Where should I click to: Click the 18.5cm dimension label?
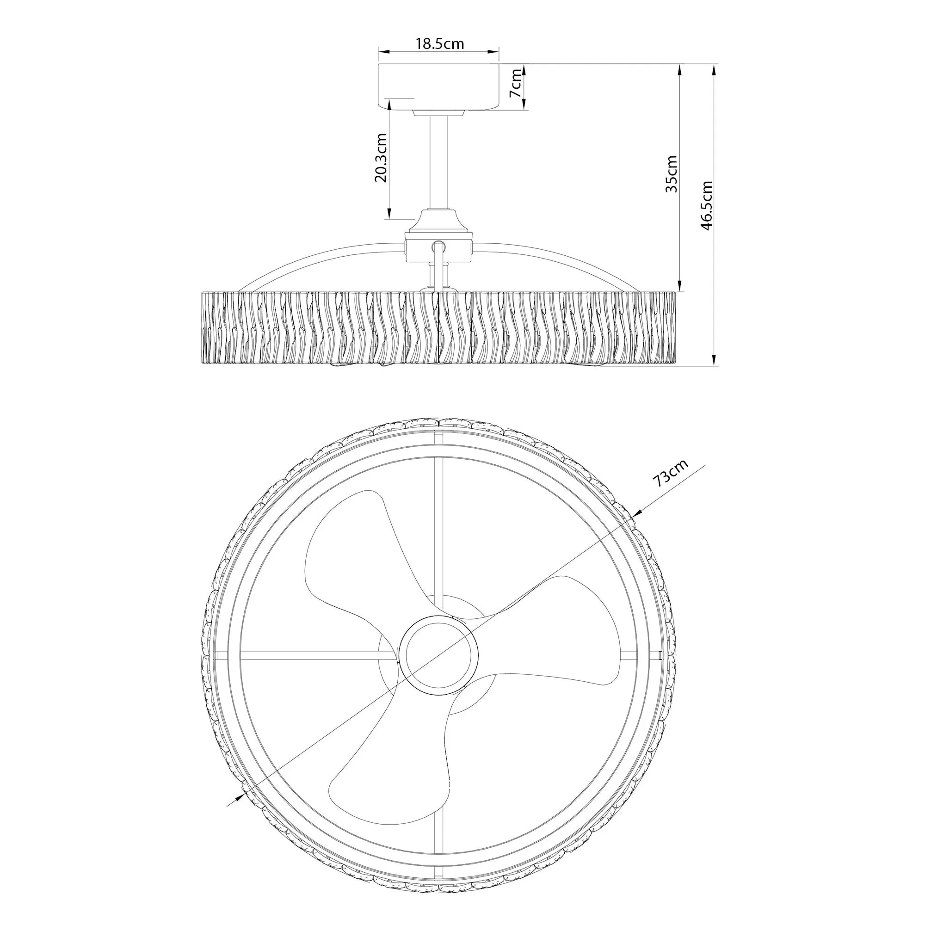pyautogui.click(x=439, y=43)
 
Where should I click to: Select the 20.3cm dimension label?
pyautogui.click(x=381, y=158)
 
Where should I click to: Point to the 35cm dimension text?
pyautogui.click(x=672, y=173)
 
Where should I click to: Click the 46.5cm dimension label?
pyautogui.click(x=707, y=205)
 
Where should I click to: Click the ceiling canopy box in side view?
pyautogui.click(x=438, y=86)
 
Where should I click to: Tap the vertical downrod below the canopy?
pyautogui.click(x=438, y=162)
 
